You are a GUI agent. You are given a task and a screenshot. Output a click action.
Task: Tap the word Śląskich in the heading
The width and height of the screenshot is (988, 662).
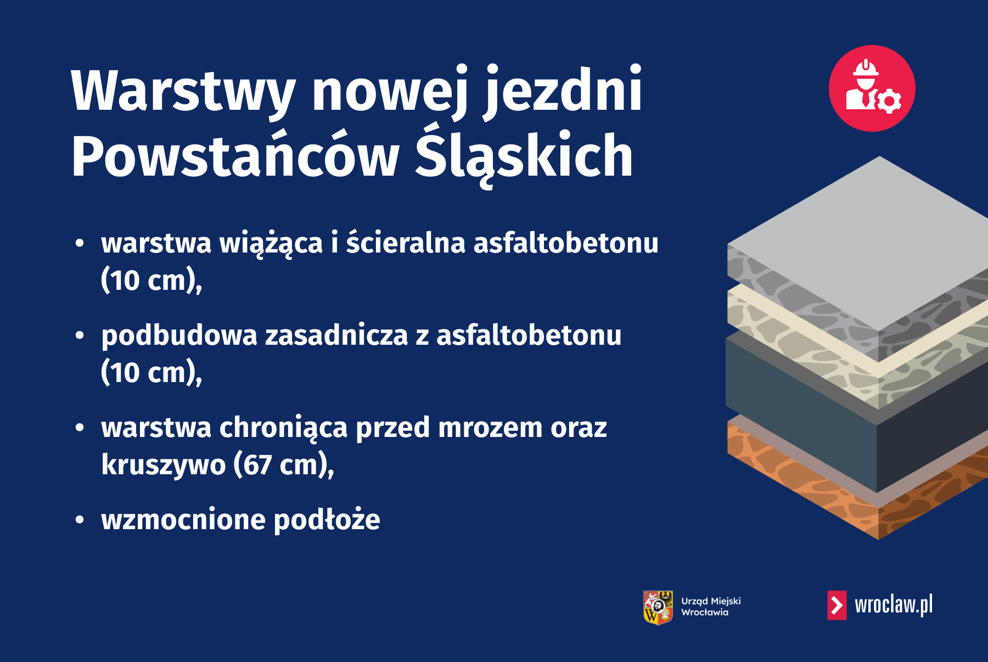click(x=524, y=156)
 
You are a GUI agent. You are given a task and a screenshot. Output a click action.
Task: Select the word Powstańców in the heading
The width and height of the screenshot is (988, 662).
click(x=235, y=156)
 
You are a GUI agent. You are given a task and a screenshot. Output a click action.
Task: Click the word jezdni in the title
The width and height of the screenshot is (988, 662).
click(x=563, y=91)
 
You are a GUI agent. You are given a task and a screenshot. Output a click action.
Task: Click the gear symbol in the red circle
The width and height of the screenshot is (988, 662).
click(x=889, y=101)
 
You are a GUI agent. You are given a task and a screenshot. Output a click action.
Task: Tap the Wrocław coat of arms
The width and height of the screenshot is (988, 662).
click(x=658, y=607)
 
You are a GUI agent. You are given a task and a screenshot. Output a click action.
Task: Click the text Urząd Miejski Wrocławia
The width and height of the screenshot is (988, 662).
click(x=711, y=607)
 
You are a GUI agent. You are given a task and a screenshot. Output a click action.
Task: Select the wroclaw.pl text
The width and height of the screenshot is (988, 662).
click(x=893, y=605)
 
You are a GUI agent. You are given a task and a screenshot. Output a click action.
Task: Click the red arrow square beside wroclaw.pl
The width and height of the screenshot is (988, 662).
click(x=837, y=605)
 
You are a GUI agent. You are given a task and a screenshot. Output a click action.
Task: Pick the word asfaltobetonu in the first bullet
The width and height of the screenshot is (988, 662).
click(x=565, y=243)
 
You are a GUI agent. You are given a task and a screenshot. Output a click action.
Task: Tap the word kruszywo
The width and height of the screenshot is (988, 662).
click(x=163, y=465)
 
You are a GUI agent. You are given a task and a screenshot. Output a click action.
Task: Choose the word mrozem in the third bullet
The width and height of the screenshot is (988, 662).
click(x=490, y=428)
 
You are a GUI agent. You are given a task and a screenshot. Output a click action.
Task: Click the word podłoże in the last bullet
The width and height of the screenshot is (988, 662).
click(x=327, y=520)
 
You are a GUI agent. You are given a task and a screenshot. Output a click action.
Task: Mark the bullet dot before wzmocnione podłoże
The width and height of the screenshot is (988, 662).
click(x=80, y=519)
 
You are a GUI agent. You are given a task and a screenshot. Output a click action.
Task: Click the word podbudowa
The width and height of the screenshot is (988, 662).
click(x=179, y=335)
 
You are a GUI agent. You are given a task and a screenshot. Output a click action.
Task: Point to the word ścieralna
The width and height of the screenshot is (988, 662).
click(x=406, y=243)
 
